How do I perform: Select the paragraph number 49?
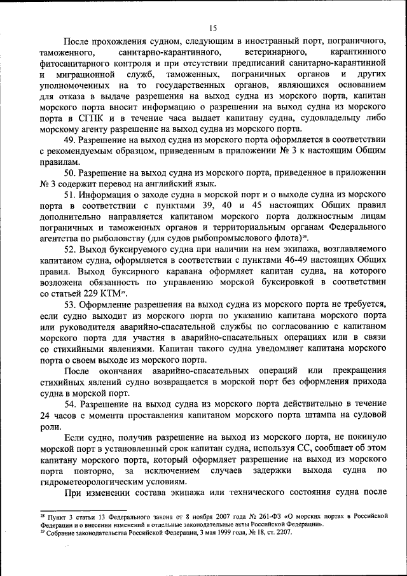point(71,141)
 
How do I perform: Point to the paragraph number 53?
point(71,304)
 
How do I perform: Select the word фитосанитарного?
point(75,62)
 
